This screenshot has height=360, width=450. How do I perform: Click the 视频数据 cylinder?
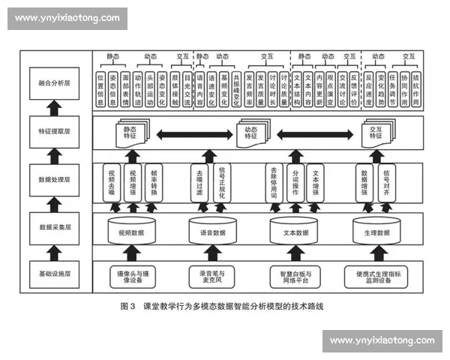129,231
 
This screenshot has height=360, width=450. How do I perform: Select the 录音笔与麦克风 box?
211,274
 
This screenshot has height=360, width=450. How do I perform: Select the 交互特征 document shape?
376,133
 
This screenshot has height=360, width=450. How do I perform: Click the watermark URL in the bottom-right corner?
382,341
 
